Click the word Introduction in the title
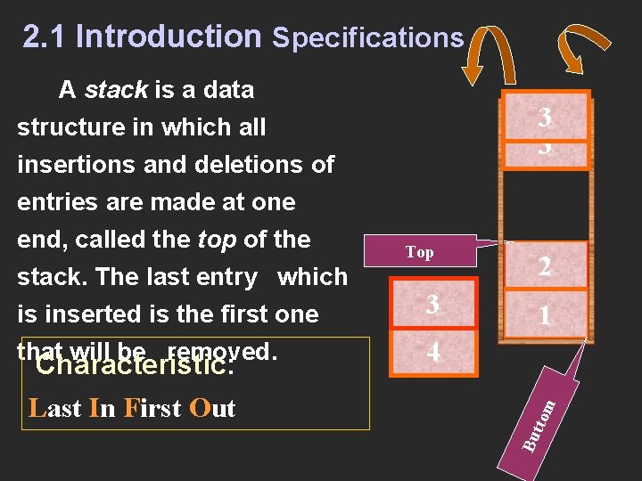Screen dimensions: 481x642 point(169,37)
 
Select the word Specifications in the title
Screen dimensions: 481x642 point(367,37)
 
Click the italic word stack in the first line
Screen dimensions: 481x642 point(116,90)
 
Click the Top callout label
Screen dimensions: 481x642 point(419,252)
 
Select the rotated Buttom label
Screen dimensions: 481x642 point(539,425)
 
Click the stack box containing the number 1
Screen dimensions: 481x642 point(545,315)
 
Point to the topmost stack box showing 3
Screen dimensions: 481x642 point(545,127)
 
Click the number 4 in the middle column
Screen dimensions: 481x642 point(432,353)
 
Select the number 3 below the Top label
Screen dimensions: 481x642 point(432,305)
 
